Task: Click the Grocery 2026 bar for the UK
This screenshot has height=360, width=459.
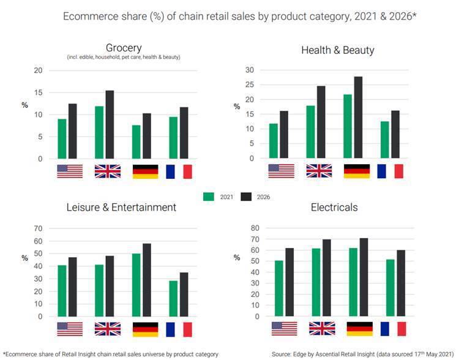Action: pos(110,125)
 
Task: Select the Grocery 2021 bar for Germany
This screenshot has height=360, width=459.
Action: pos(136,142)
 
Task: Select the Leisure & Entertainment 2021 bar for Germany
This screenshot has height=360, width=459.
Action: pos(136,285)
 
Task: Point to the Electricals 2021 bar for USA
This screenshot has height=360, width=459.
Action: pos(279,288)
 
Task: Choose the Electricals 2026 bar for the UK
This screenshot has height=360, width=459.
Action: pos(327,278)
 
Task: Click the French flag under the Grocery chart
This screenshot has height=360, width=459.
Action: pos(179,171)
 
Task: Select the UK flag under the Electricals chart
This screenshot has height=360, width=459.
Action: pos(322,329)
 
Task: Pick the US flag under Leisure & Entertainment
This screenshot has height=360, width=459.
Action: pos(70,329)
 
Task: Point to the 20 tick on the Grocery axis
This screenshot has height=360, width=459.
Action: pos(38,70)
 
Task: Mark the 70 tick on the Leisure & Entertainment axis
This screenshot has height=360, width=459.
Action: pos(38,228)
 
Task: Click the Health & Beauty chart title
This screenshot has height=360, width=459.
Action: pos(338,50)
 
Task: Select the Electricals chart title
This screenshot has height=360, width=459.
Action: pos(334,208)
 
